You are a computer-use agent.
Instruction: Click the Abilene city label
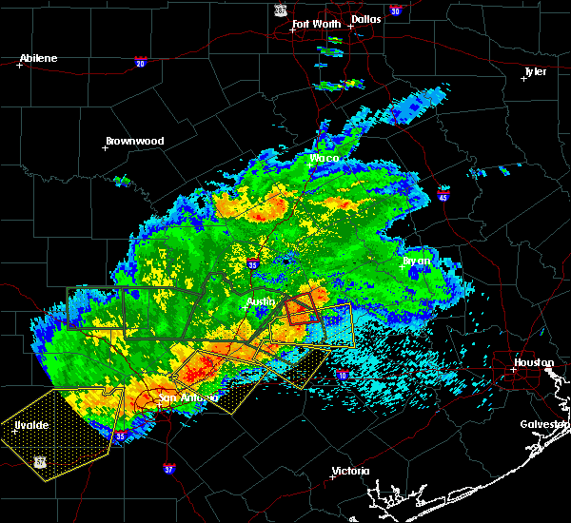[38, 58]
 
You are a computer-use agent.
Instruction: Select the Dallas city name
[365, 17]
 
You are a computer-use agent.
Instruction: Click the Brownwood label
[134, 141]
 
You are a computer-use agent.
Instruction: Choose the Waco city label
[325, 158]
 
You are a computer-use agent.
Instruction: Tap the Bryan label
[416, 260]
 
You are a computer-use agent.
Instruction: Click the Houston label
[533, 362]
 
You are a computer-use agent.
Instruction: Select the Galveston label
[544, 424]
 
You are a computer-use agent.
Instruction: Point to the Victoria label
[349, 472]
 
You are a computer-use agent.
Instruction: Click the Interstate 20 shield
[140, 64]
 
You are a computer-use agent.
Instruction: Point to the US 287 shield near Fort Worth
[280, 9]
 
